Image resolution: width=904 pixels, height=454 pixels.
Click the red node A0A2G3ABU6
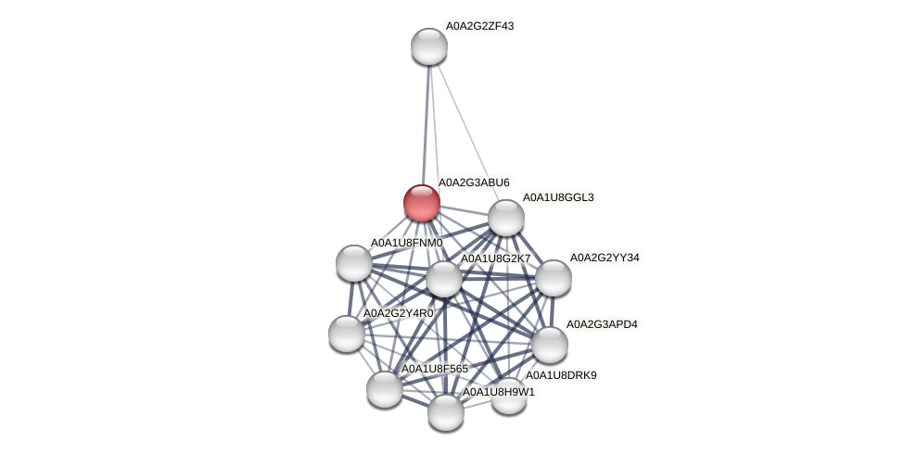[422, 203]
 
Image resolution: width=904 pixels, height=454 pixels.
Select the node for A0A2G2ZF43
[429, 46]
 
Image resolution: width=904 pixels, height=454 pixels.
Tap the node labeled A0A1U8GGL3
[506, 218]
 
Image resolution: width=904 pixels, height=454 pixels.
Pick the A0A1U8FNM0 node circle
[354, 263]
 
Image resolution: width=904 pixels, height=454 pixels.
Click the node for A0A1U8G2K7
[444, 279]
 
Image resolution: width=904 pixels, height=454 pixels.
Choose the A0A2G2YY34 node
[554, 278]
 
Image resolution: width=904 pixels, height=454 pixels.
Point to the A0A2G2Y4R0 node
[347, 334]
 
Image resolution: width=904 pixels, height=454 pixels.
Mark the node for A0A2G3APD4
[550, 345]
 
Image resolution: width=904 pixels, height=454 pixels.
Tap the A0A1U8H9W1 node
[446, 412]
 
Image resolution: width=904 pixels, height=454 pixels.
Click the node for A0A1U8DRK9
[509, 396]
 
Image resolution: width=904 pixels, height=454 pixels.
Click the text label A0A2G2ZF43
[479, 26]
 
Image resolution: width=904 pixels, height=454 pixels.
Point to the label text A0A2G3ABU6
[474, 183]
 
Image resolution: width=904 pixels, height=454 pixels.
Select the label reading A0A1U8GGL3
[558, 197]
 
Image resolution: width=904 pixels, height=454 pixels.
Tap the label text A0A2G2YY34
[605, 258]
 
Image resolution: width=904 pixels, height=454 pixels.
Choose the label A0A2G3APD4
[602, 324]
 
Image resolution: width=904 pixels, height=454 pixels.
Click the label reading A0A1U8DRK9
[561, 375]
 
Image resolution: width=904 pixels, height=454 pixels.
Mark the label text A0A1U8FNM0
[406, 243]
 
